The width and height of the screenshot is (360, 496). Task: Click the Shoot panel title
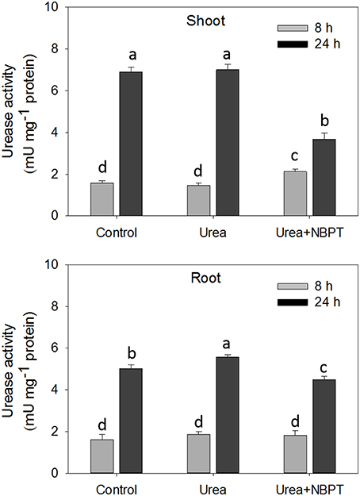pyautogui.click(x=213, y=21)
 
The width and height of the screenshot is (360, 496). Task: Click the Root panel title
pyautogui.click(x=213, y=279)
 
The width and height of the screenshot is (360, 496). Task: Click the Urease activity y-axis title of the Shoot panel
pyautogui.click(x=16, y=111)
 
